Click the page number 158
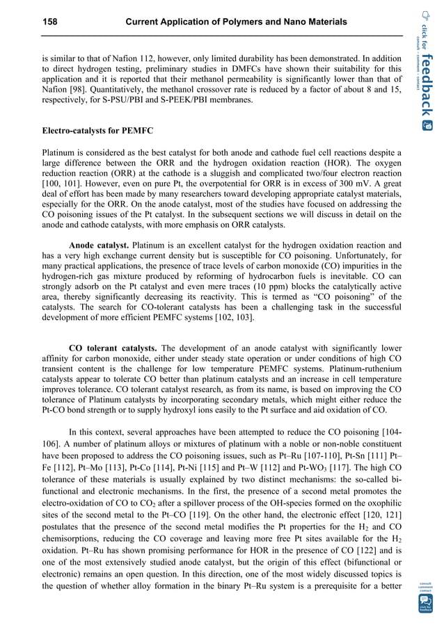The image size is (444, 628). tap(51, 22)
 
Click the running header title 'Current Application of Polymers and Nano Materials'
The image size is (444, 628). tap(235, 22)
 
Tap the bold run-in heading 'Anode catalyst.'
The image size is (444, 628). tap(99, 245)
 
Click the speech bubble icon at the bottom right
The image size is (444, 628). tap(425, 600)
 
